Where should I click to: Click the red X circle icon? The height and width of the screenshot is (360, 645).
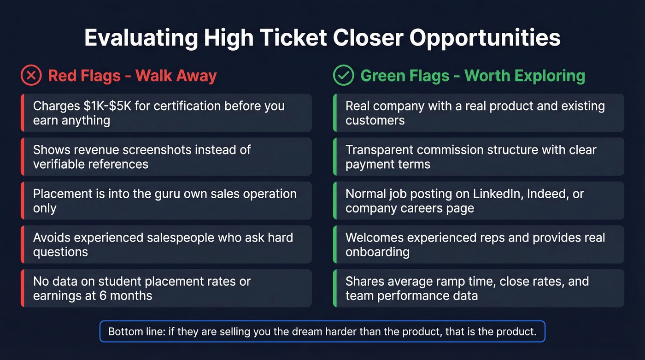coord(31,76)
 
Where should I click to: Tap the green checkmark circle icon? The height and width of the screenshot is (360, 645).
coord(343,76)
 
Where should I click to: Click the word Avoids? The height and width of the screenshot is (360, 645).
coord(53,237)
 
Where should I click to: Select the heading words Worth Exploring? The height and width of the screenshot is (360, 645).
coord(525,76)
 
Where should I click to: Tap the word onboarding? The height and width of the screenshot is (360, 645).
coord(377,252)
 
